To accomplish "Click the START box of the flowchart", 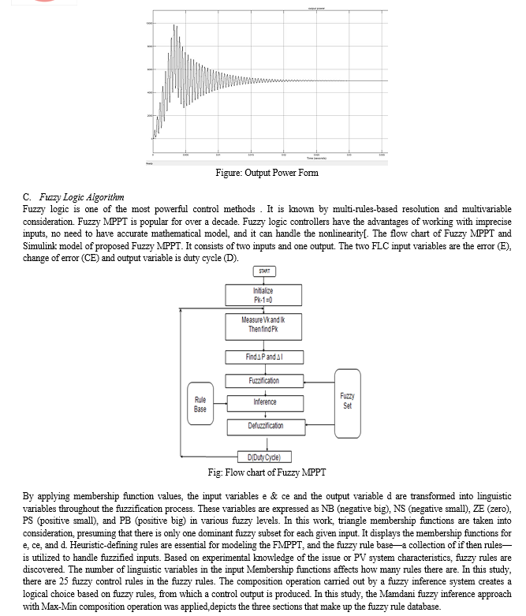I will pyautogui.click(x=264, y=271).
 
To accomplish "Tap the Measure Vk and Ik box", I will pyautogui.click(x=264, y=323).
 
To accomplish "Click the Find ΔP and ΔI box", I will pyautogui.click(x=264, y=357).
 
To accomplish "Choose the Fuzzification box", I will pyautogui.click(x=264, y=381).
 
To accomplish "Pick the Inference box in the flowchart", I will pyautogui.click(x=264, y=402).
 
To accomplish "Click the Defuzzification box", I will pyautogui.click(x=264, y=426).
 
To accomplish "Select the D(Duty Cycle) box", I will pyautogui.click(x=264, y=457).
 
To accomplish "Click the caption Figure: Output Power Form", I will pyautogui.click(x=267, y=173).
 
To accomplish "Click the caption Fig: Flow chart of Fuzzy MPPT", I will pyautogui.click(x=267, y=472).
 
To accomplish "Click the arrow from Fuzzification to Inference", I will pyautogui.click(x=264, y=390).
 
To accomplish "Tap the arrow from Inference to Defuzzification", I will pyautogui.click(x=264, y=414).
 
